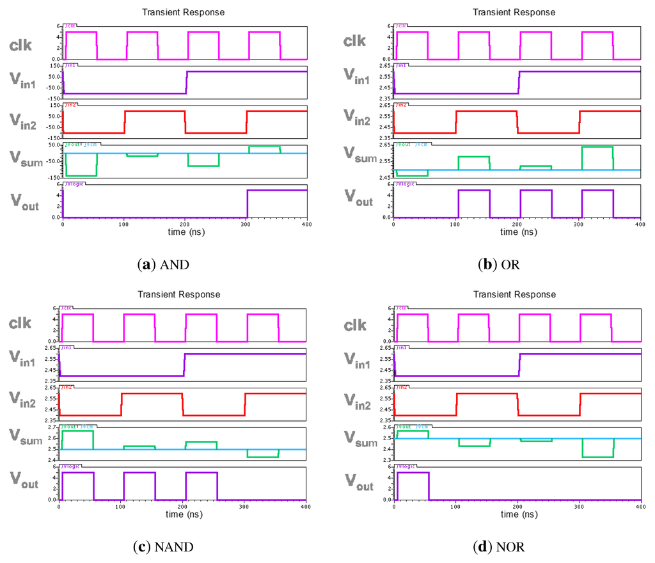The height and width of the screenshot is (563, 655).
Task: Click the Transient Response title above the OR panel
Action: tap(514, 12)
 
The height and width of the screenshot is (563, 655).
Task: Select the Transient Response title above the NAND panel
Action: tap(178, 294)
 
